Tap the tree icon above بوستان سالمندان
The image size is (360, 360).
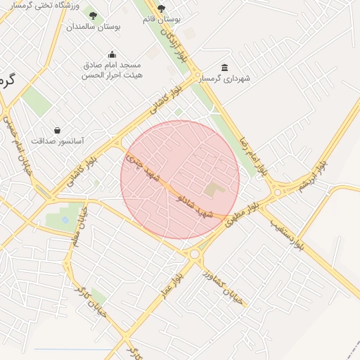pyautogui.click(x=93, y=14)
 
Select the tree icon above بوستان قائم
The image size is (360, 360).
pyautogui.click(x=162, y=8)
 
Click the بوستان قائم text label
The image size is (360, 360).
pyautogui.click(x=160, y=19)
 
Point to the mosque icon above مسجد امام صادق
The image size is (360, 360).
pyautogui.click(x=112, y=54)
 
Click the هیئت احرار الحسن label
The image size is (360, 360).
pyautogui.click(x=113, y=74)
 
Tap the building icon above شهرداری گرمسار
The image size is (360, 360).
pyautogui.click(x=224, y=67)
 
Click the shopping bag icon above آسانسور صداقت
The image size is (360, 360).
pyautogui.click(x=57, y=130)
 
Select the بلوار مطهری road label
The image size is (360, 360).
pyautogui.click(x=243, y=210)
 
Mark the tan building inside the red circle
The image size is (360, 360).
pyautogui.click(x=212, y=188)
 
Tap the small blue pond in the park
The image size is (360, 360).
pyautogui.click(x=65, y=221)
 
